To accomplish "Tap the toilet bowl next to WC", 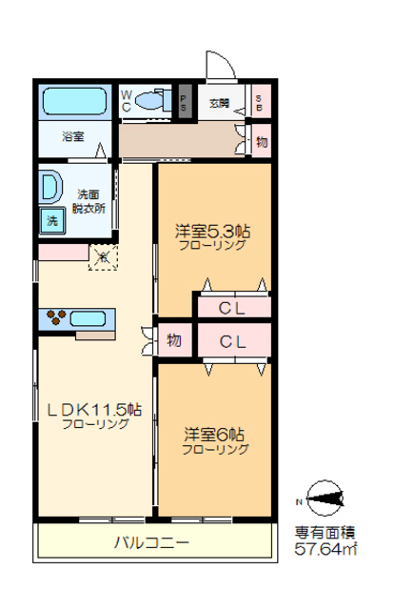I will (152, 100).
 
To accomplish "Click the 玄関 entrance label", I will (218, 103).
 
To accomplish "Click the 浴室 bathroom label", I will (73, 136).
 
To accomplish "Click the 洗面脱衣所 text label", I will (92, 199).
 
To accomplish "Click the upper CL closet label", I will (233, 307).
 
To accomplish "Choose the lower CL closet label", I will (233, 340).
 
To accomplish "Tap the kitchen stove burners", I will (56, 317).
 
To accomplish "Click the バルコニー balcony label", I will (152, 542).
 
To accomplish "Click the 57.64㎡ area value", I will (325, 550).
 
